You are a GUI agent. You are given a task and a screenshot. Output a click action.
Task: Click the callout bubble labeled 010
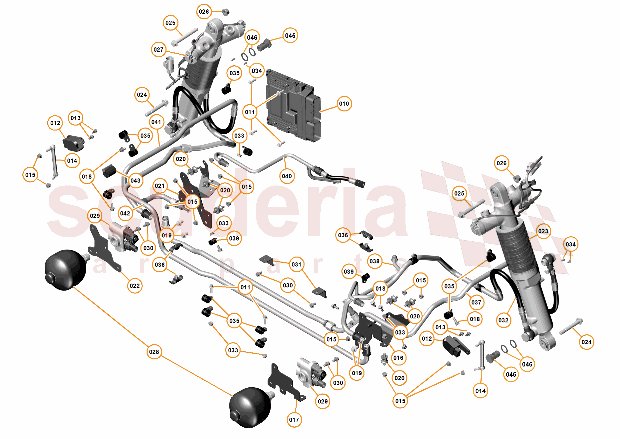(x=344, y=104)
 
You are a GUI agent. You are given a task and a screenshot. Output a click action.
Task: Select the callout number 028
(x=154, y=352)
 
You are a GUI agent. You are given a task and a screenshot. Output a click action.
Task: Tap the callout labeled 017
(x=294, y=420)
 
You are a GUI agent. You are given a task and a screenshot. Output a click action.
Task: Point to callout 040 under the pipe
(x=286, y=176)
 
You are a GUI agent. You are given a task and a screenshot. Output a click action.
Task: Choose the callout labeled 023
(x=543, y=231)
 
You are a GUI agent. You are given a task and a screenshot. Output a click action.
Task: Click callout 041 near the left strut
(x=156, y=122)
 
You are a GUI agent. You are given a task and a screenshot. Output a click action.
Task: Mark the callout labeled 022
(x=134, y=286)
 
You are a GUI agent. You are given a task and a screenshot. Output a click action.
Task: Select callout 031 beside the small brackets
(x=296, y=264)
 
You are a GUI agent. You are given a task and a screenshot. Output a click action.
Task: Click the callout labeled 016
(x=398, y=358)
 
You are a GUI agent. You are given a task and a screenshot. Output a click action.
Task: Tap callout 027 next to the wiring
(x=158, y=49)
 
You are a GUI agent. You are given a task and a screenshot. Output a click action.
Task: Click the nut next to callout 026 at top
(x=226, y=12)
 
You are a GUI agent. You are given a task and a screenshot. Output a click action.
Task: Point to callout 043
(x=135, y=180)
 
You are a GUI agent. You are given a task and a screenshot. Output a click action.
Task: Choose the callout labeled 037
(x=476, y=302)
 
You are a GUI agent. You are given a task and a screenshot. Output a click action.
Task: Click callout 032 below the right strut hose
(x=503, y=320)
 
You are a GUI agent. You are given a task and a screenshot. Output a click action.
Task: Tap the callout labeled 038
(x=374, y=261)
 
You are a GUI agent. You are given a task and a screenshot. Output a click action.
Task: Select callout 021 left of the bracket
(x=160, y=186)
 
